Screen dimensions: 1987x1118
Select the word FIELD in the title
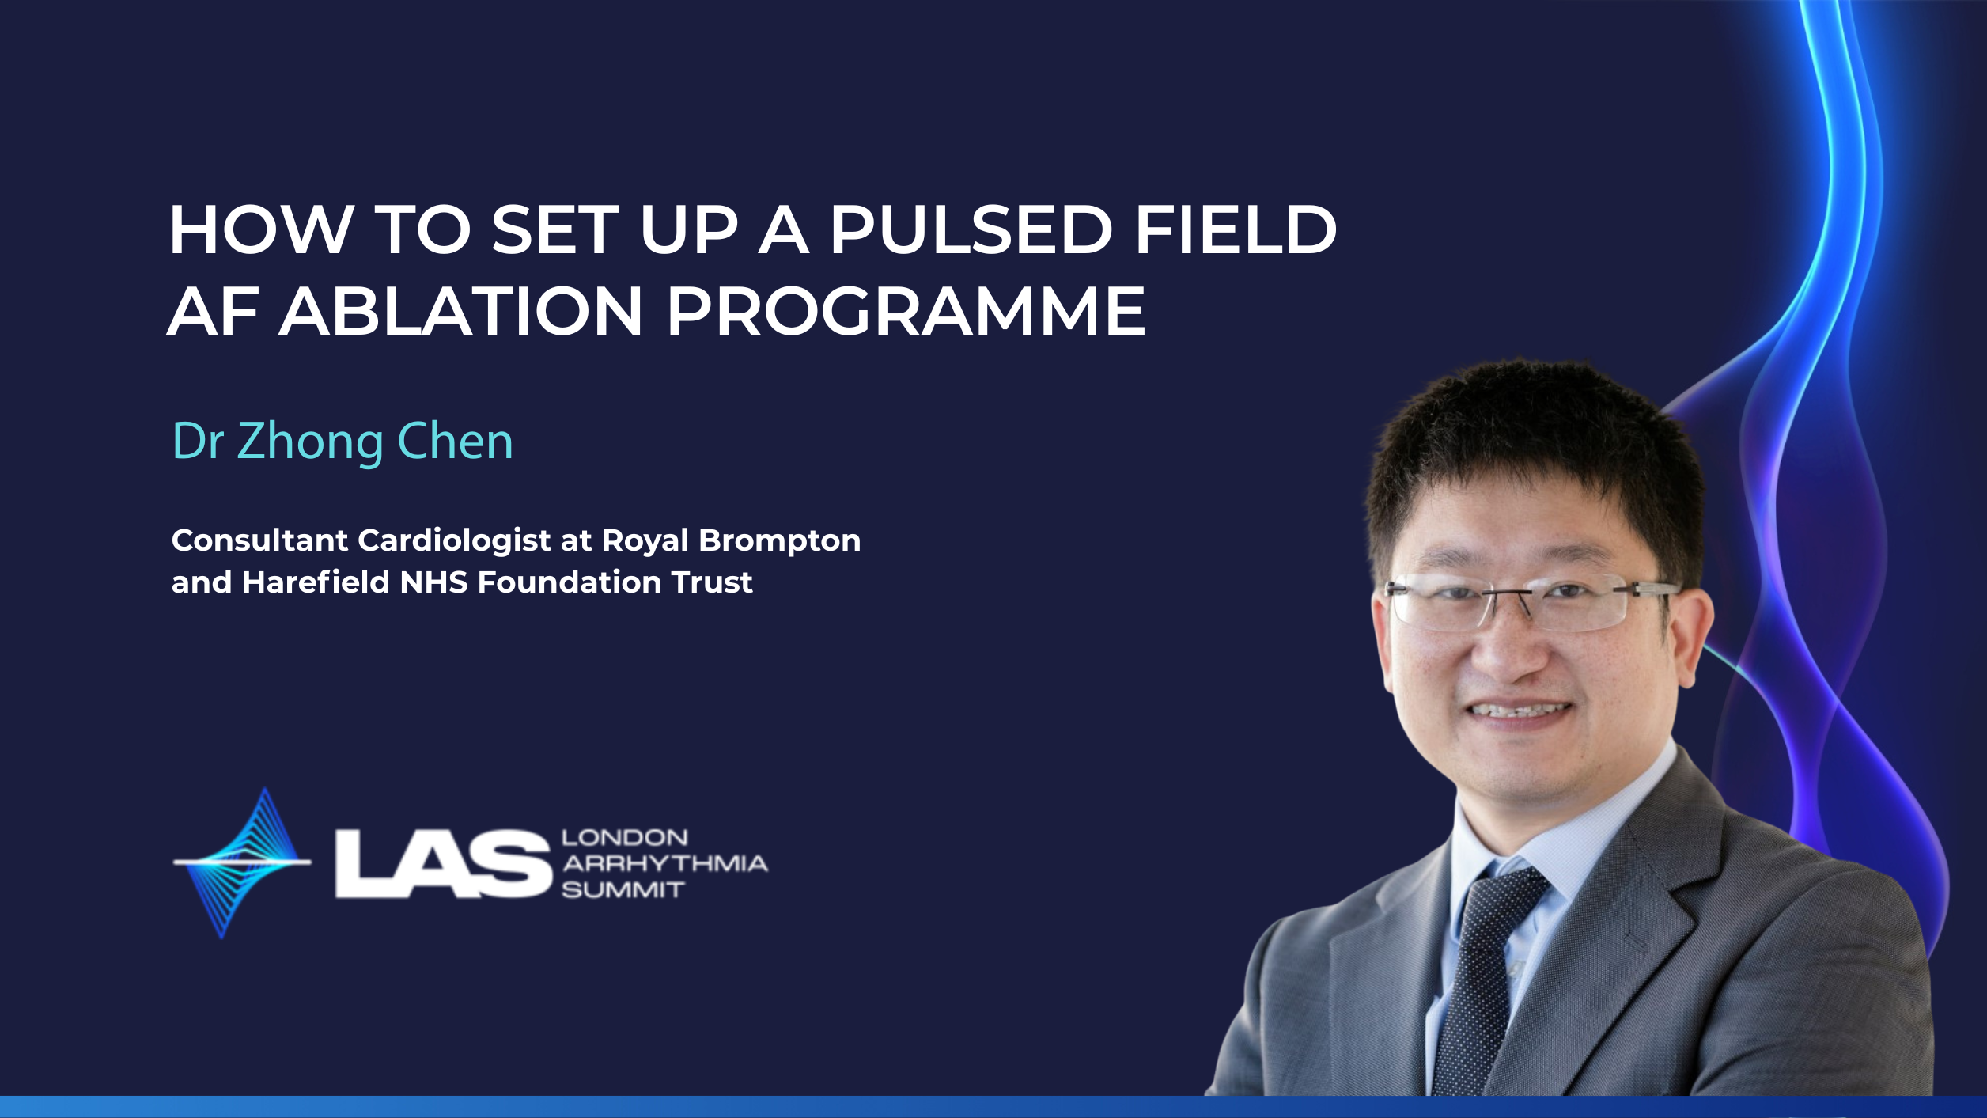[1236, 230]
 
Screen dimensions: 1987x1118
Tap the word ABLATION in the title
[460, 311]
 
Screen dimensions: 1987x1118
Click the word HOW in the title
[260, 230]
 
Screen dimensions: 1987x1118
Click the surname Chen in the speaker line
[456, 441]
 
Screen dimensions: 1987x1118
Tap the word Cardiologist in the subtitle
[454, 540]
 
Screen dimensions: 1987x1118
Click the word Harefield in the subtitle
[316, 582]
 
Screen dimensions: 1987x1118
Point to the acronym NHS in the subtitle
[434, 582]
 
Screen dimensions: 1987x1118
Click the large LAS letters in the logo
[443, 864]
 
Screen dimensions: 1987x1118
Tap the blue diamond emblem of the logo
[242, 862]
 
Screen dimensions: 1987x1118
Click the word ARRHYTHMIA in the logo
[665, 863]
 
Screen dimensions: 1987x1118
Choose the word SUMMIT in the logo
[623, 890]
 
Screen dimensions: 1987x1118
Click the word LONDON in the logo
[625, 837]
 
